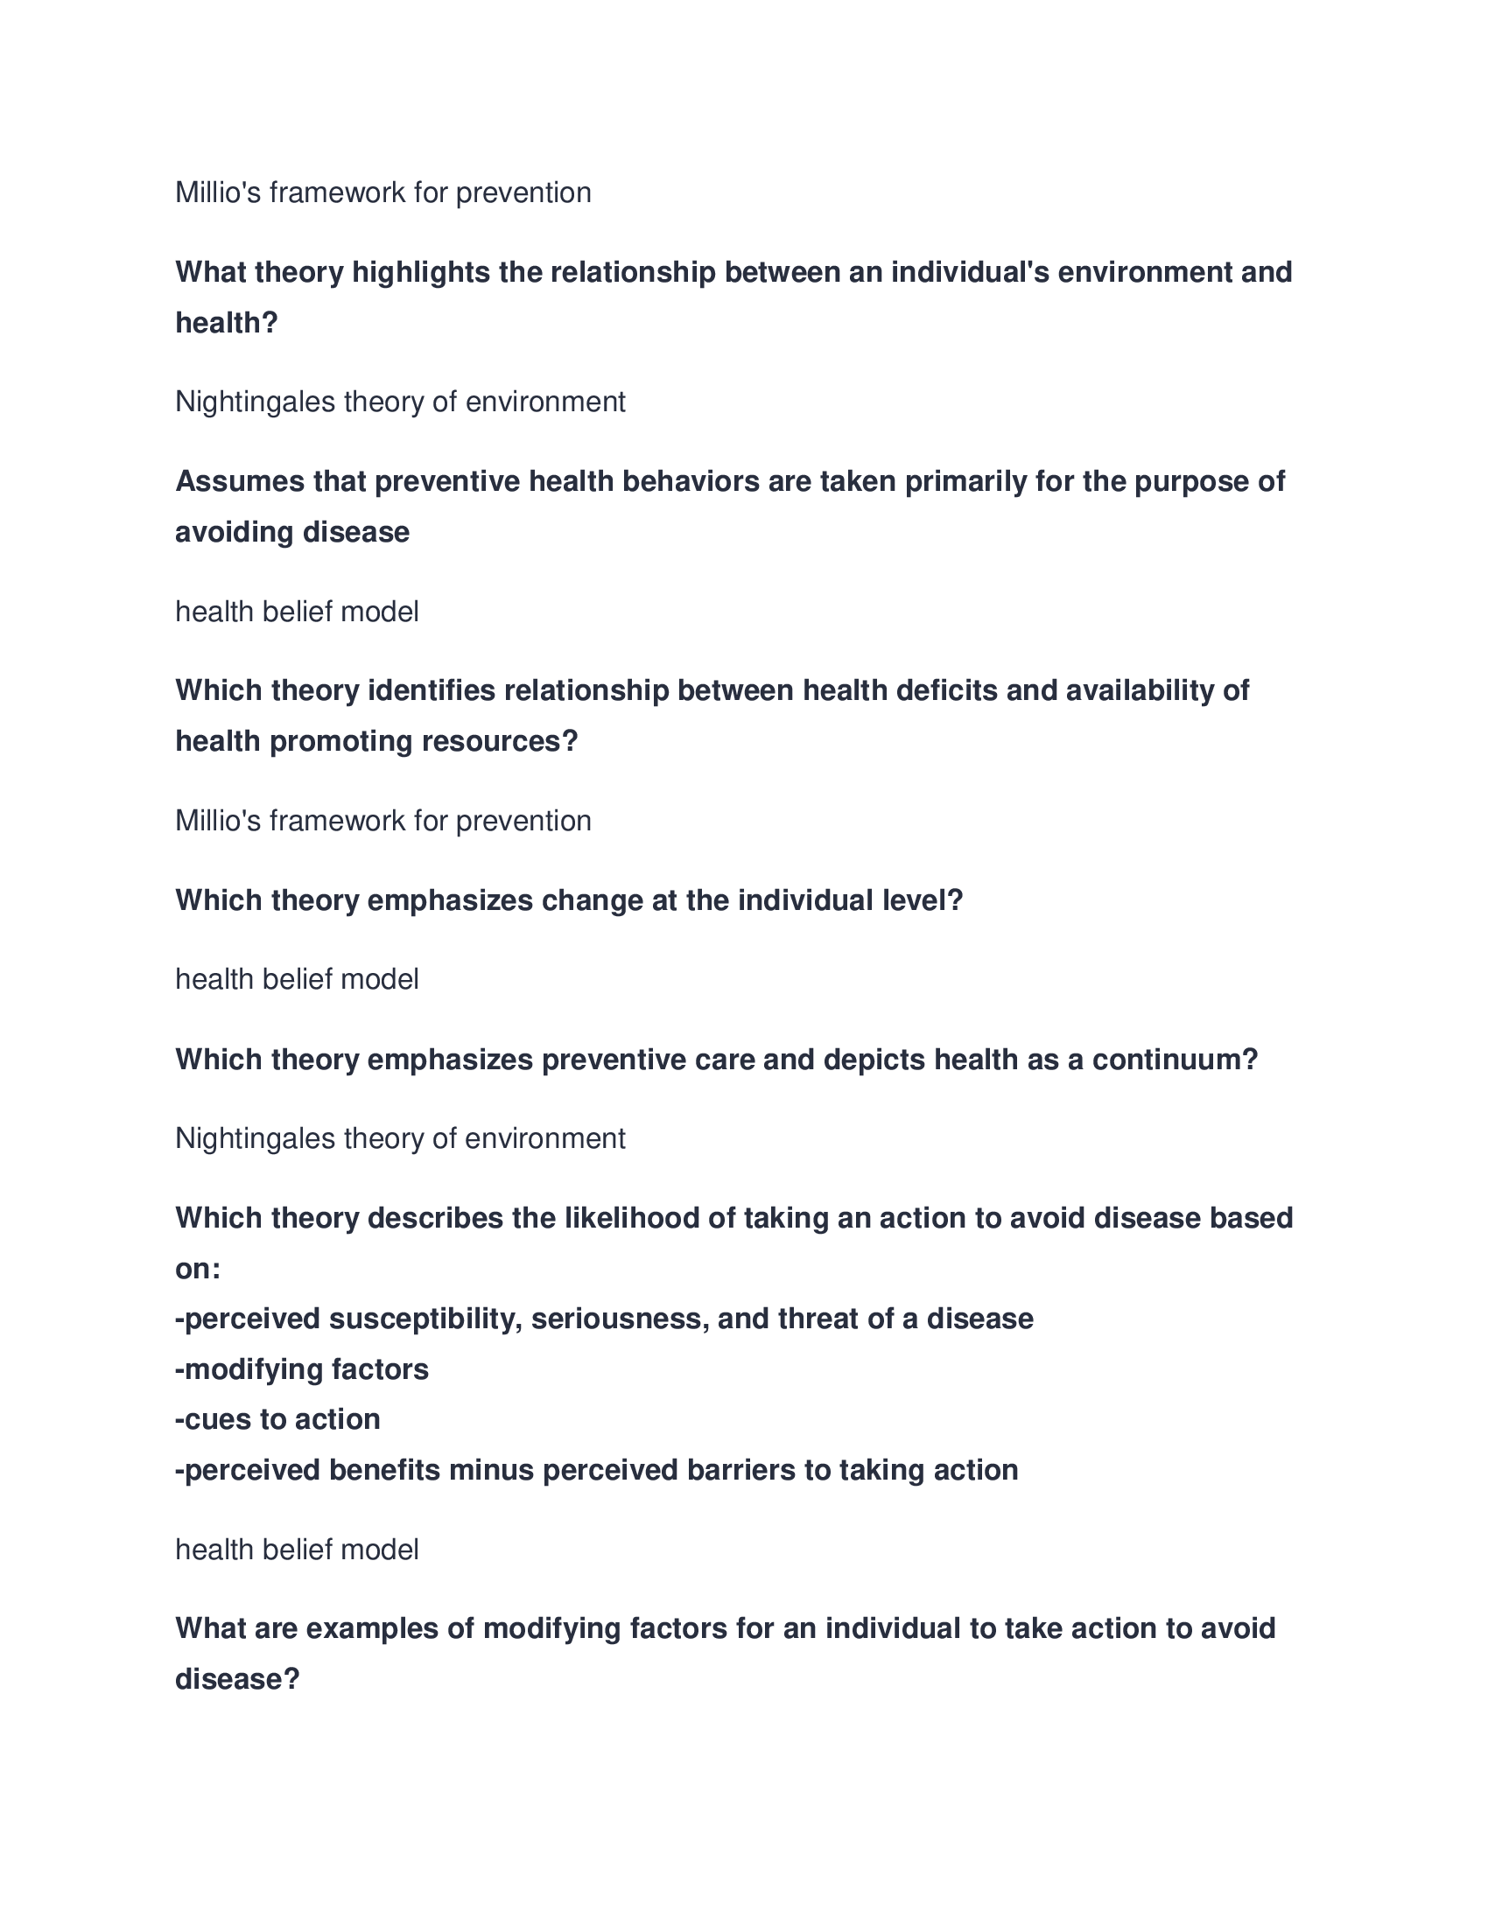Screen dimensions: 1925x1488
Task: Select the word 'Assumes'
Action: [x=232, y=481]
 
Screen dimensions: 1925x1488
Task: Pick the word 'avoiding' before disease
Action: [x=234, y=532]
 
